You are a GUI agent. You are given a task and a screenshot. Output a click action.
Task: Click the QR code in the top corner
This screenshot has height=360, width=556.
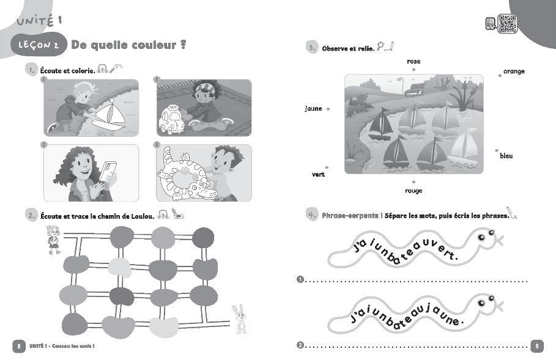508,24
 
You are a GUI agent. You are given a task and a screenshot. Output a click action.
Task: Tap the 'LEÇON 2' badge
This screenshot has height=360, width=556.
38,45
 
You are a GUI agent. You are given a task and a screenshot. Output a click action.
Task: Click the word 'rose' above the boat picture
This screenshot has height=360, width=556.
413,61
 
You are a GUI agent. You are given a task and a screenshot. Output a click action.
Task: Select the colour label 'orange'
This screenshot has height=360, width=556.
514,72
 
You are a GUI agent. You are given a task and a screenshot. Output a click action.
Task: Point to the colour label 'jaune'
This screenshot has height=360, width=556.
313,109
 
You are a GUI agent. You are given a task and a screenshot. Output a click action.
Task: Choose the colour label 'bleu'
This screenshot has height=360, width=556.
506,156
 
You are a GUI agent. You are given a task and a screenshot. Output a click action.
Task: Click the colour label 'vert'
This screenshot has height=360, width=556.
317,174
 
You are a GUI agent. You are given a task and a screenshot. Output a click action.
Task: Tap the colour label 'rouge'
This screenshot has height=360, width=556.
413,190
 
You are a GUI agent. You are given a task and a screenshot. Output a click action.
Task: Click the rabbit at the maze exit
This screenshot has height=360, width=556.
239,319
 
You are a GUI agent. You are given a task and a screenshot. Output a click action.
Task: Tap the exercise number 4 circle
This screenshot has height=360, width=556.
311,215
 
